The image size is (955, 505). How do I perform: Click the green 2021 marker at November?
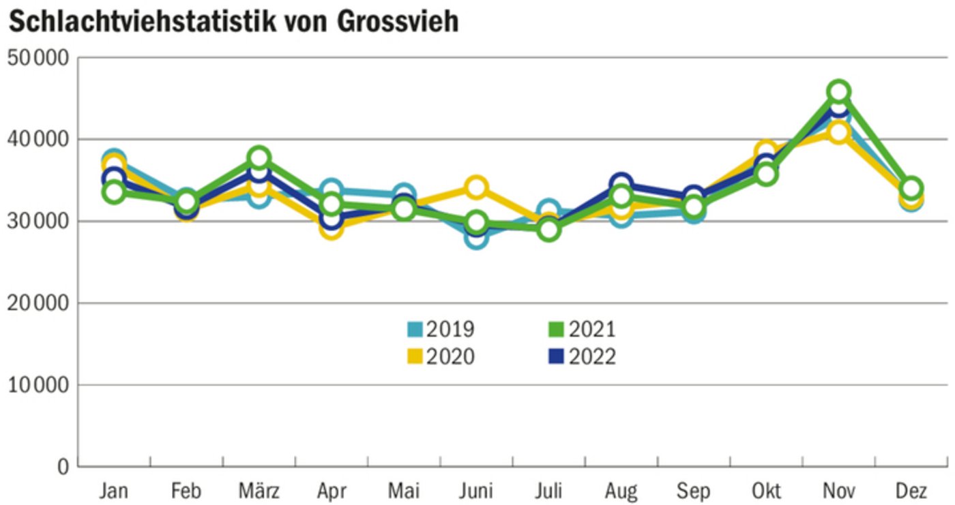click(838, 91)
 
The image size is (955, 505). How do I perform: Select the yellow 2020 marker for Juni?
click(476, 187)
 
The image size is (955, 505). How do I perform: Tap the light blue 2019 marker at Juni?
click(476, 237)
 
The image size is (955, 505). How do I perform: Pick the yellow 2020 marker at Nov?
click(838, 132)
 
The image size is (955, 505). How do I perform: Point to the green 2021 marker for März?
click(259, 158)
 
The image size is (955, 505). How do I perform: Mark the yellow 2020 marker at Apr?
click(332, 228)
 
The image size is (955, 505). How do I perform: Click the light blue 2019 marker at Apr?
click(332, 191)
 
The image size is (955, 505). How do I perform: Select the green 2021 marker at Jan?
click(114, 192)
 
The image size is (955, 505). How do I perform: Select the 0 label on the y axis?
click(64, 467)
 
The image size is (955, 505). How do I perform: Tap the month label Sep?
click(693, 491)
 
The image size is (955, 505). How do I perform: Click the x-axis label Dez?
click(911, 491)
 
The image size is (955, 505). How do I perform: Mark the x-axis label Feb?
click(186, 491)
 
